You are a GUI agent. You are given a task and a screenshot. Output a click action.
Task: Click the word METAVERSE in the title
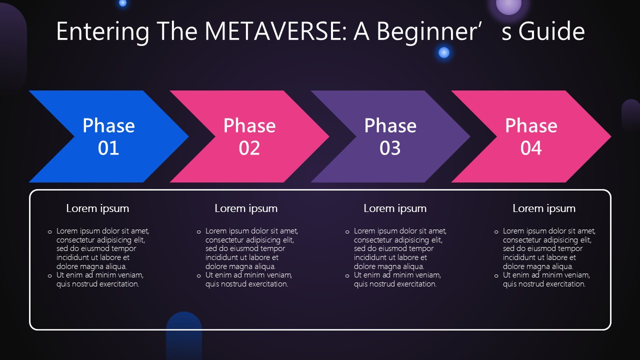click(x=275, y=31)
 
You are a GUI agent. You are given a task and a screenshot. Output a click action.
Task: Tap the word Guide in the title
click(x=551, y=31)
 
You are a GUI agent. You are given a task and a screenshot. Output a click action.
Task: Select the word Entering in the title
click(x=103, y=32)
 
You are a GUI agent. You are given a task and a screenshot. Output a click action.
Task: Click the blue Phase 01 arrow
click(x=108, y=136)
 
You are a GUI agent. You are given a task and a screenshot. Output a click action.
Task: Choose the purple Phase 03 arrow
click(x=390, y=136)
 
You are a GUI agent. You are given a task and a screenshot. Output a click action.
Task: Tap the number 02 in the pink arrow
click(x=249, y=148)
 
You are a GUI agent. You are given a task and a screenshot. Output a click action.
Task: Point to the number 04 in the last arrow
click(x=531, y=148)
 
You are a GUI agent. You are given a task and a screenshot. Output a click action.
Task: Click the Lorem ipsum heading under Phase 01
click(x=97, y=209)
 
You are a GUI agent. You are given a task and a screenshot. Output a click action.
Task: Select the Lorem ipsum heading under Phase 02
click(x=246, y=209)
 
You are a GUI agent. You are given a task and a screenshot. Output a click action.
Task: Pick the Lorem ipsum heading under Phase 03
click(x=395, y=209)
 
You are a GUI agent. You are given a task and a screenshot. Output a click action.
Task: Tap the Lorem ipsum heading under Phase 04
click(x=544, y=209)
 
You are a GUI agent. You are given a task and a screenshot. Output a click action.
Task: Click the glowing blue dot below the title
click(x=443, y=52)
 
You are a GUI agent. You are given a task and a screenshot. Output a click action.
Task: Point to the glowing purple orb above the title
click(x=508, y=5)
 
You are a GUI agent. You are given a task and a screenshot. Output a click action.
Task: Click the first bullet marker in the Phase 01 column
click(x=49, y=232)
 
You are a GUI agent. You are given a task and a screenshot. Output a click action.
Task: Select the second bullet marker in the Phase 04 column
click(x=496, y=276)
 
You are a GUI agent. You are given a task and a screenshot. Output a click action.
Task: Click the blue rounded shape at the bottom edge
click(x=184, y=335)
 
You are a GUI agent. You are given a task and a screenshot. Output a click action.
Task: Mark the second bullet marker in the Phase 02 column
click(x=199, y=276)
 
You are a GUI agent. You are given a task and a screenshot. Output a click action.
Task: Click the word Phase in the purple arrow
click(x=390, y=125)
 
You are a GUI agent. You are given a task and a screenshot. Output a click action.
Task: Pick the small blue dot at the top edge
click(x=122, y=3)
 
